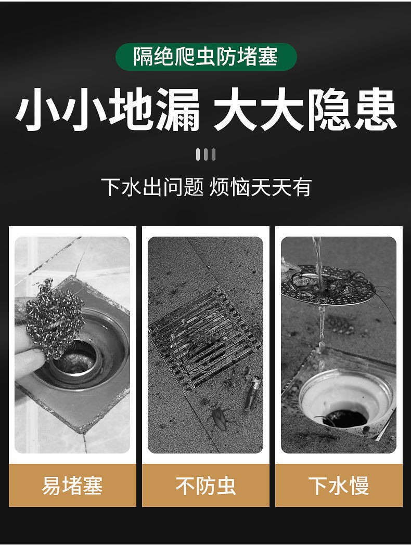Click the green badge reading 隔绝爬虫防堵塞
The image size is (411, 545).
click(205, 57)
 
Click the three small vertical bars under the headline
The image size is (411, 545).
click(205, 154)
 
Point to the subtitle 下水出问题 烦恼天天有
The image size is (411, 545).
click(205, 187)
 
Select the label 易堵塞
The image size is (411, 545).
click(72, 486)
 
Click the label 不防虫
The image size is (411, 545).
click(205, 486)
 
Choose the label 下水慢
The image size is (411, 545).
click(339, 486)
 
